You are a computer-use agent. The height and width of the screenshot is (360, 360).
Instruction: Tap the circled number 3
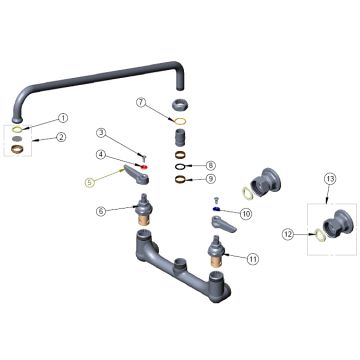[x=102, y=133]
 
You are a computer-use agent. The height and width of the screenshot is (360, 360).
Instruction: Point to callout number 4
[x=102, y=154]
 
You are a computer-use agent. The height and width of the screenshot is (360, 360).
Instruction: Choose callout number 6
[x=102, y=211]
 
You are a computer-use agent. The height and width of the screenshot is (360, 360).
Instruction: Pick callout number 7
[x=142, y=103]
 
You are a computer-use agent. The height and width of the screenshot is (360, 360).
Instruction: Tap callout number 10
[x=245, y=213]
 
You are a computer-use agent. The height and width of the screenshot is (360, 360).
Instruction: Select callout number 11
[x=253, y=258]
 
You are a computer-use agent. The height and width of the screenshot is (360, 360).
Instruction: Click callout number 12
[x=289, y=235]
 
